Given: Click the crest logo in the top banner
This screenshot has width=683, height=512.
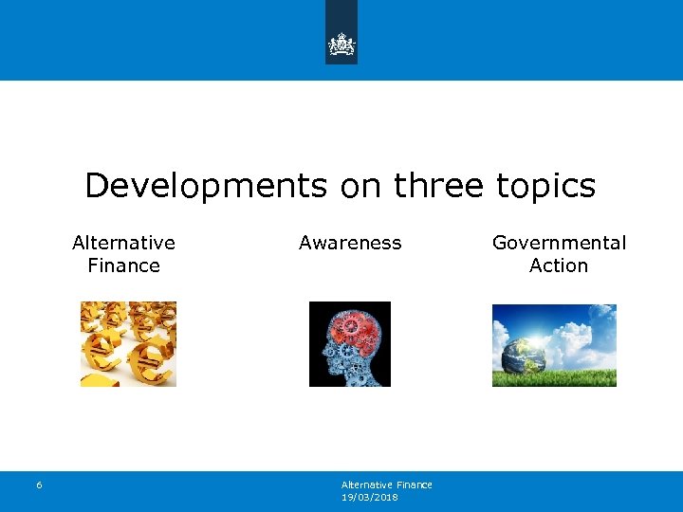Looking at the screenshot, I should click(x=341, y=44).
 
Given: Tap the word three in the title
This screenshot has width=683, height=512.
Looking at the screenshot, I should click(x=437, y=186).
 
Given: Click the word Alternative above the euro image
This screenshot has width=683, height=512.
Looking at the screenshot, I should click(x=123, y=243).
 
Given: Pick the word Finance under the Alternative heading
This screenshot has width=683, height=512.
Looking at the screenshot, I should click(x=123, y=266).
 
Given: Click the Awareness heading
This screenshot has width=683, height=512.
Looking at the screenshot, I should click(x=350, y=243).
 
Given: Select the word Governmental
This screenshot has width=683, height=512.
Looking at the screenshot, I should click(x=559, y=243).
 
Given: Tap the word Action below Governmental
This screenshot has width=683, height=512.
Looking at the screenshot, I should click(x=559, y=266).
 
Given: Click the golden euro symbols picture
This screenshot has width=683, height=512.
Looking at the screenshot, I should click(x=127, y=344).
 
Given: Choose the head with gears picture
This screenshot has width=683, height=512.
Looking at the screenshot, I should click(x=349, y=344).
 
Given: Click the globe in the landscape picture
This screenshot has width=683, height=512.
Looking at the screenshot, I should click(x=522, y=352).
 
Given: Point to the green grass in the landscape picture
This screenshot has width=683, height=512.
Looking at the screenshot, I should click(x=579, y=378).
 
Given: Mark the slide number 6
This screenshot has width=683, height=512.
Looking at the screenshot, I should click(x=39, y=485).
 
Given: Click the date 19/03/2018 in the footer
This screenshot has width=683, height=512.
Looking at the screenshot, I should click(x=370, y=496).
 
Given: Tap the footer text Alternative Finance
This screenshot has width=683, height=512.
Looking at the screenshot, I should click(x=386, y=485).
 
